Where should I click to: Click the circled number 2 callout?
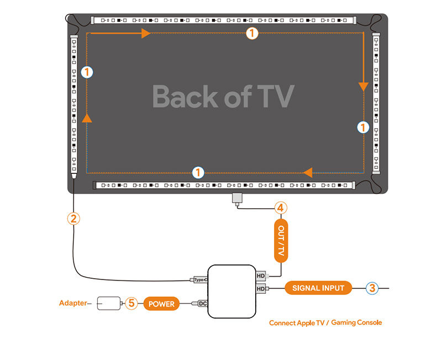(x=73, y=218)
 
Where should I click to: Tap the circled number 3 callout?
(x=372, y=288)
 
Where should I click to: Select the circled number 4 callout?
(x=281, y=208)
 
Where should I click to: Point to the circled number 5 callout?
(x=131, y=303)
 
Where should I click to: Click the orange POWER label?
(x=162, y=304)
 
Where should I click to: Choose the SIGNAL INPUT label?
(x=318, y=288)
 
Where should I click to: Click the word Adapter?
(x=73, y=303)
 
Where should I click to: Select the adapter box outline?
(x=109, y=303)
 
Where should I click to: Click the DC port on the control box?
(x=202, y=303)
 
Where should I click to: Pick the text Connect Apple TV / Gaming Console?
(x=325, y=322)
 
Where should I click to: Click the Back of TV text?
(x=223, y=97)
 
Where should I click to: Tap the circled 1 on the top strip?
(x=251, y=33)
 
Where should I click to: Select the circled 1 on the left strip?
(x=87, y=71)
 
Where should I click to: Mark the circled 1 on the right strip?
(x=363, y=127)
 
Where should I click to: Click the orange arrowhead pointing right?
(x=146, y=34)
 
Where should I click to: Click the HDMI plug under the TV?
(x=237, y=198)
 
